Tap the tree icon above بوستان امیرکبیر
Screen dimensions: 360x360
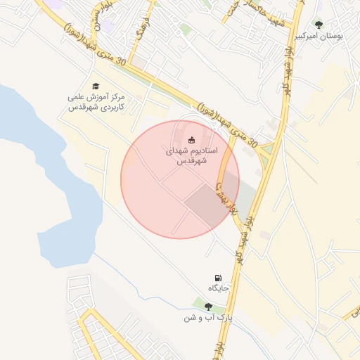click(319, 25)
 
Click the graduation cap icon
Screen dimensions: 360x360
click(95, 85)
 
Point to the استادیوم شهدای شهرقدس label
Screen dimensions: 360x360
click(191, 155)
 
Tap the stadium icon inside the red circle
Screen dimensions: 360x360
click(191, 140)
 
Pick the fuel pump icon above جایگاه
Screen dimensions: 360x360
click(219, 278)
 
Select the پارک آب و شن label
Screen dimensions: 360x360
click(208, 318)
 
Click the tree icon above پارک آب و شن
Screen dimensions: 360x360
click(208, 306)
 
